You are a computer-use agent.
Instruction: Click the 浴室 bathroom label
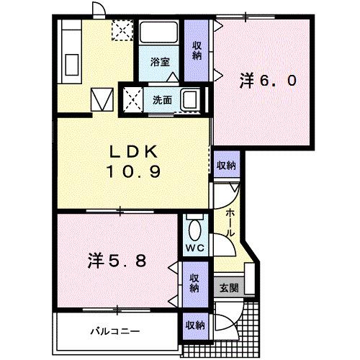[x=160, y=63]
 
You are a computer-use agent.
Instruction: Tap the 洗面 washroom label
[x=162, y=100]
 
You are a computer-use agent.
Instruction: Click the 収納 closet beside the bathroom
[x=197, y=50]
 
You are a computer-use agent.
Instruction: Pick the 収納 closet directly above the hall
[x=225, y=166]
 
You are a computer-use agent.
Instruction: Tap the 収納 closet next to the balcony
[x=195, y=325]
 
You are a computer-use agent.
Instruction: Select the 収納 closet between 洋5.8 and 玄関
[x=194, y=283]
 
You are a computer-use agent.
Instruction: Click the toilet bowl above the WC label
[x=193, y=229]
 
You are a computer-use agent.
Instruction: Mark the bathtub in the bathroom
[x=159, y=37]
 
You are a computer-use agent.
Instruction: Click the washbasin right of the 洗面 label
[x=190, y=99]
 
